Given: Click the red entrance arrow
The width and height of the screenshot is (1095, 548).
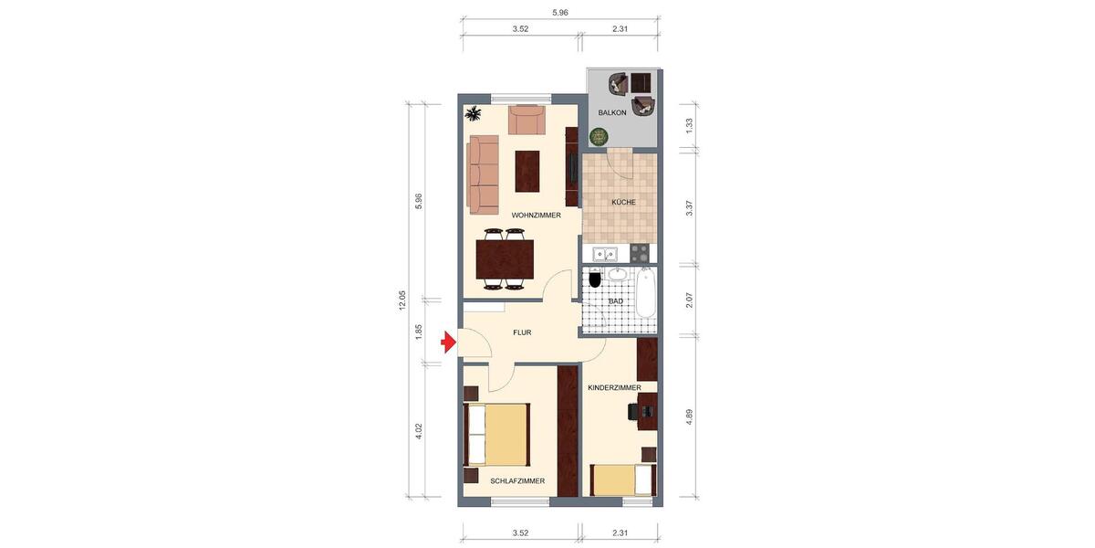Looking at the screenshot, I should (x=448, y=342).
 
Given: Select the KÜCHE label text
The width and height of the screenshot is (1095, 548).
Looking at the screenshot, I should (x=624, y=202).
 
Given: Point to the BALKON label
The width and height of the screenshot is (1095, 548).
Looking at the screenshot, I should (x=612, y=112).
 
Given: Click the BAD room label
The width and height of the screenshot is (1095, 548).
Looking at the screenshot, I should (x=616, y=300).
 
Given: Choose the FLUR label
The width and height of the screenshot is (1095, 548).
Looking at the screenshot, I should (x=522, y=332).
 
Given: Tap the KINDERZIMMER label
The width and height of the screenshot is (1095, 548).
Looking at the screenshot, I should (x=614, y=388).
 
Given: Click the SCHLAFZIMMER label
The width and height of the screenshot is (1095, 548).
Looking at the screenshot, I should (x=517, y=480).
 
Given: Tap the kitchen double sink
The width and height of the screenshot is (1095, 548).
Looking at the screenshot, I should (x=605, y=254).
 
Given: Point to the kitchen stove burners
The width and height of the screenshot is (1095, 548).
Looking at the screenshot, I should (x=640, y=253).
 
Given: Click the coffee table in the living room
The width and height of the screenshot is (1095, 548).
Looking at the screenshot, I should (x=527, y=171).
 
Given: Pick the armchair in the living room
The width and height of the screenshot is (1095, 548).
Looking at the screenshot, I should (x=527, y=120).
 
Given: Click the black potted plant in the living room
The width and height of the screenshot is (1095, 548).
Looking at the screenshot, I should (x=474, y=114).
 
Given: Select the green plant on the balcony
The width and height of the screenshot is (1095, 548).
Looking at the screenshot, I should (x=598, y=137).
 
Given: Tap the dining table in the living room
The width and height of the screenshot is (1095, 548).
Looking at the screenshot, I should (x=505, y=258).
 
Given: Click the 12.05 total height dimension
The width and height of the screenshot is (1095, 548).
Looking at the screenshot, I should (x=402, y=300).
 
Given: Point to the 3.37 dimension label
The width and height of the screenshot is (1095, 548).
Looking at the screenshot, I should (x=690, y=207).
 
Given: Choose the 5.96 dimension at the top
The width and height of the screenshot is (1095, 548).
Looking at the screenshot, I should (x=560, y=13).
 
